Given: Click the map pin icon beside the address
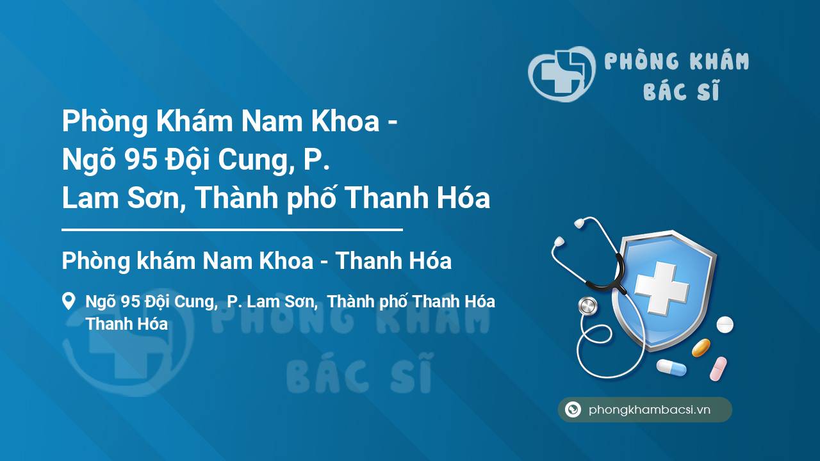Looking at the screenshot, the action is point(69,301).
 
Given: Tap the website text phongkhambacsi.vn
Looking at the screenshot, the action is point(650,410).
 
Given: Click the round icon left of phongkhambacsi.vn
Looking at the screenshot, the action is point(573,409).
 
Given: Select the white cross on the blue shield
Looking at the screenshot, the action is point(662,288).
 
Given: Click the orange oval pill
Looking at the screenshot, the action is point(701,348).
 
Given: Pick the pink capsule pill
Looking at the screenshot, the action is point(718,369).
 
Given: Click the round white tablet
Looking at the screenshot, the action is point(725,325).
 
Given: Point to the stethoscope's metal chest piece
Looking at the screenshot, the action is point(587,306).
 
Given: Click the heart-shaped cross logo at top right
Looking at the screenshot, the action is point(562,74).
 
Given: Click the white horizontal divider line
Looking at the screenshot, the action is point(232,230).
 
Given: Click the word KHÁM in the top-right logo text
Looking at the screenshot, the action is point(719,60).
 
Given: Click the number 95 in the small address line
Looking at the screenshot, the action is point(130,302).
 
